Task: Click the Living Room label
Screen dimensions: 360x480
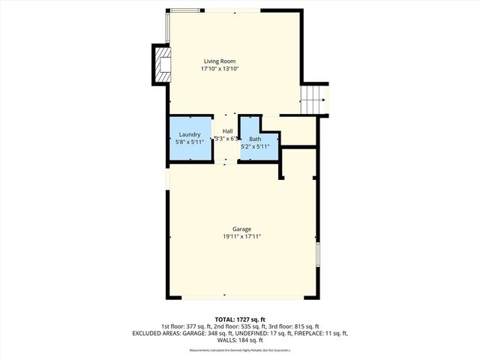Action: tap(219, 61)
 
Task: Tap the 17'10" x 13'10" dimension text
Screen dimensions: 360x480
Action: tap(219, 68)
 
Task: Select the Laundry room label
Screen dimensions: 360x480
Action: tap(189, 134)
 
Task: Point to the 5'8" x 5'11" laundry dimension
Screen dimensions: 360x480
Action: tap(189, 142)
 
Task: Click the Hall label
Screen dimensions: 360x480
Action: tap(227, 131)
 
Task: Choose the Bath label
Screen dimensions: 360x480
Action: tap(255, 139)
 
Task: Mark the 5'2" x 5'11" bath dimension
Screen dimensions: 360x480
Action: tap(256, 146)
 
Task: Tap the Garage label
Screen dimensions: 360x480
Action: tap(241, 229)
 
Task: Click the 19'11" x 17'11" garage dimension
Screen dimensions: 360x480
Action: tap(241, 236)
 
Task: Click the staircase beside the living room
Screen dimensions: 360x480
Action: tap(314, 98)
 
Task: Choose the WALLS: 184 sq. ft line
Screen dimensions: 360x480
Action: tap(240, 339)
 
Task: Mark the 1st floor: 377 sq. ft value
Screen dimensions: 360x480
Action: tap(182, 326)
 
